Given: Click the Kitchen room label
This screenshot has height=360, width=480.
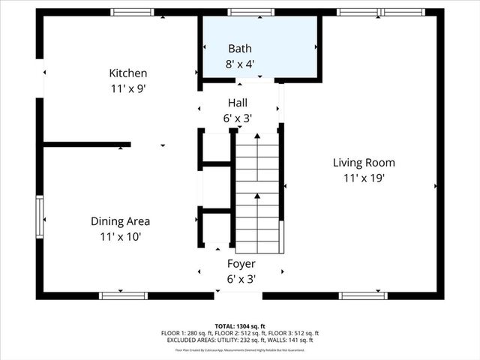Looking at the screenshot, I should (x=128, y=73).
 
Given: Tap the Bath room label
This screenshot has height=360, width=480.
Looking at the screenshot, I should (x=240, y=49).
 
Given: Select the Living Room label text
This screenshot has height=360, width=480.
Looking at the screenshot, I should (x=364, y=163).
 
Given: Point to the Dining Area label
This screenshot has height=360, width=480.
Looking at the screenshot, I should (x=120, y=221).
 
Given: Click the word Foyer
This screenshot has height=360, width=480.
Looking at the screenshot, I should (x=241, y=264).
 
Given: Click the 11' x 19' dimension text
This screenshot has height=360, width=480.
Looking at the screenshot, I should (x=364, y=178).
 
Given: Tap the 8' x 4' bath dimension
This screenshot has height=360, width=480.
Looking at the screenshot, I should (x=240, y=64).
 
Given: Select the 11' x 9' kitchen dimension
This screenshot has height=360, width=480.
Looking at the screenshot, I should (x=128, y=88).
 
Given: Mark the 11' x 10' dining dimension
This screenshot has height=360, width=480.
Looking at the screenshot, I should (x=120, y=237).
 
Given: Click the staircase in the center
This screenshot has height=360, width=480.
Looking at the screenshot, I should (x=257, y=191).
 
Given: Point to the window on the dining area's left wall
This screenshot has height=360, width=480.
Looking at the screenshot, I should (x=40, y=217).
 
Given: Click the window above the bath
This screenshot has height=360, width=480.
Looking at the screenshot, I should (x=250, y=12).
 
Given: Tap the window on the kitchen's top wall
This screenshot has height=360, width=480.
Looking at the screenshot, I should (x=132, y=12).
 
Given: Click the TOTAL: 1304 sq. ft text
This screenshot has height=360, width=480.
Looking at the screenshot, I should (x=240, y=326).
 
